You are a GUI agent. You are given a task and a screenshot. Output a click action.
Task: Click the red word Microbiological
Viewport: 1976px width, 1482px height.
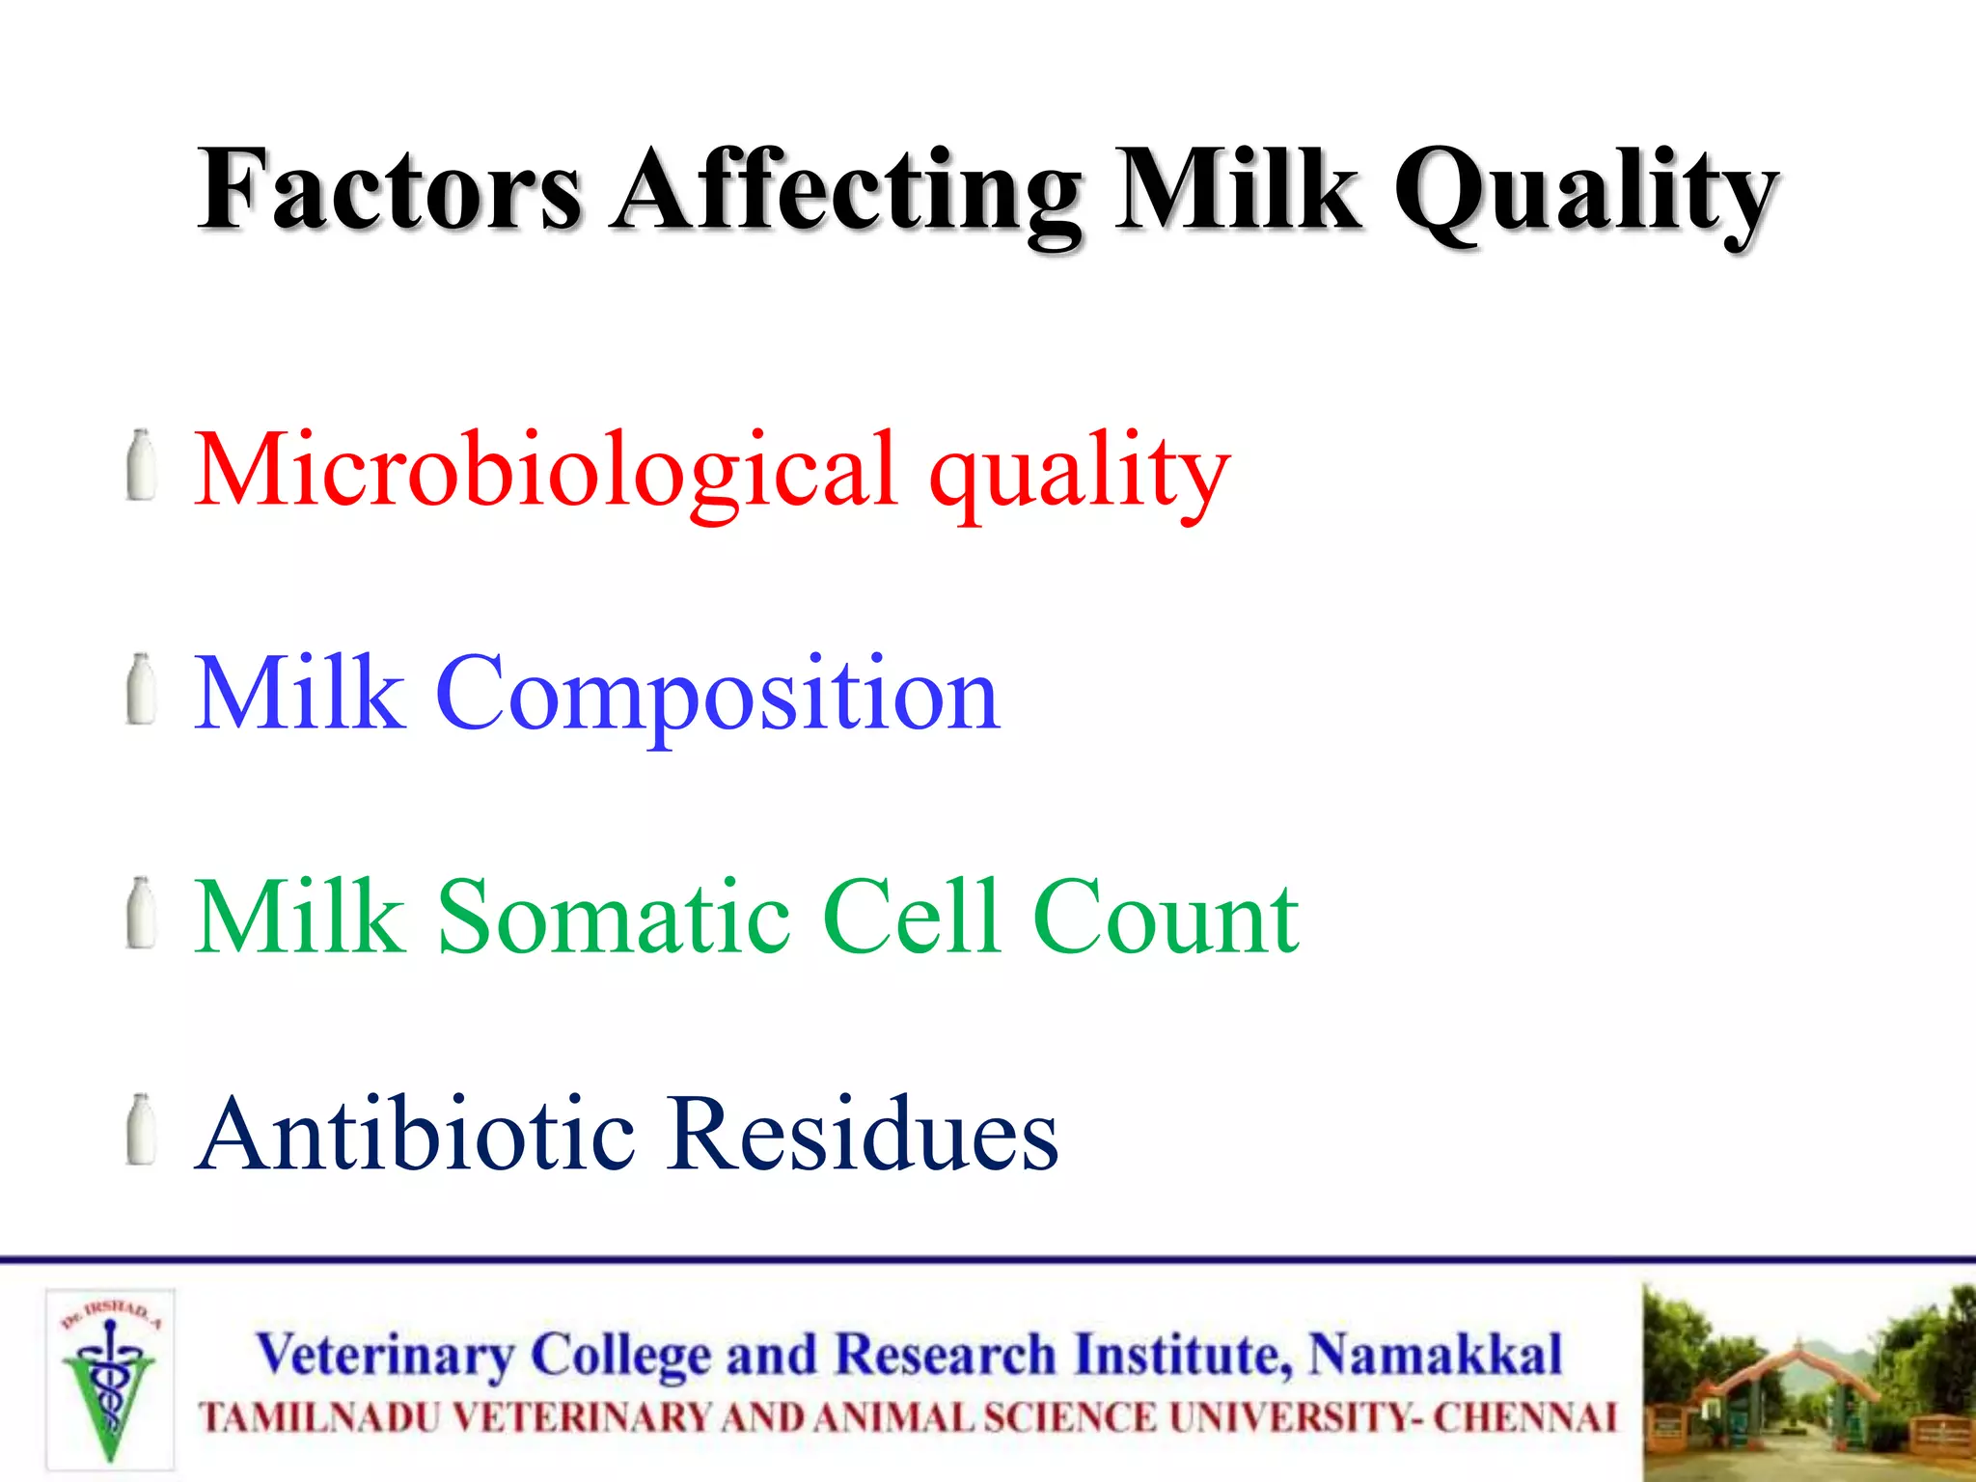[546, 470]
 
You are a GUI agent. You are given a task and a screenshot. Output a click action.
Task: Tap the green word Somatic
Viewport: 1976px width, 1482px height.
[615, 917]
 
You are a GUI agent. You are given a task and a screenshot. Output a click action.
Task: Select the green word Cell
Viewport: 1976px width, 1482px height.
[911, 917]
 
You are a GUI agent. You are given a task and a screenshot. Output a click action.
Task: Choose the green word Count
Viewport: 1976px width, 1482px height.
[1165, 917]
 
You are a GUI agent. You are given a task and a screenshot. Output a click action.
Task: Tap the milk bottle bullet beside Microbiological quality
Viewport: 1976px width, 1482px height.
[142, 466]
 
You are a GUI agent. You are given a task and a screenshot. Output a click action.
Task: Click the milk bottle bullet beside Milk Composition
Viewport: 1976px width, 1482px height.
[142, 689]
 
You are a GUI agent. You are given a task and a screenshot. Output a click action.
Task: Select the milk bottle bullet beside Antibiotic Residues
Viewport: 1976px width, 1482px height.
[142, 1130]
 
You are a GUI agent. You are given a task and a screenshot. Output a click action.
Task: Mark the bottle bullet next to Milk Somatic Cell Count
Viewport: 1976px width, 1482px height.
[142, 913]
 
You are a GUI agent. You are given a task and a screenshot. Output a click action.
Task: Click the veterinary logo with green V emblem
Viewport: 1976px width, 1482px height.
[110, 1379]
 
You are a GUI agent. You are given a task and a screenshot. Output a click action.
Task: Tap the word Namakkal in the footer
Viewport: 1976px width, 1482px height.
[1435, 1354]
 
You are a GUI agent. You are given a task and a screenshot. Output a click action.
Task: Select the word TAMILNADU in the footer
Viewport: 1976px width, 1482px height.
[318, 1418]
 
